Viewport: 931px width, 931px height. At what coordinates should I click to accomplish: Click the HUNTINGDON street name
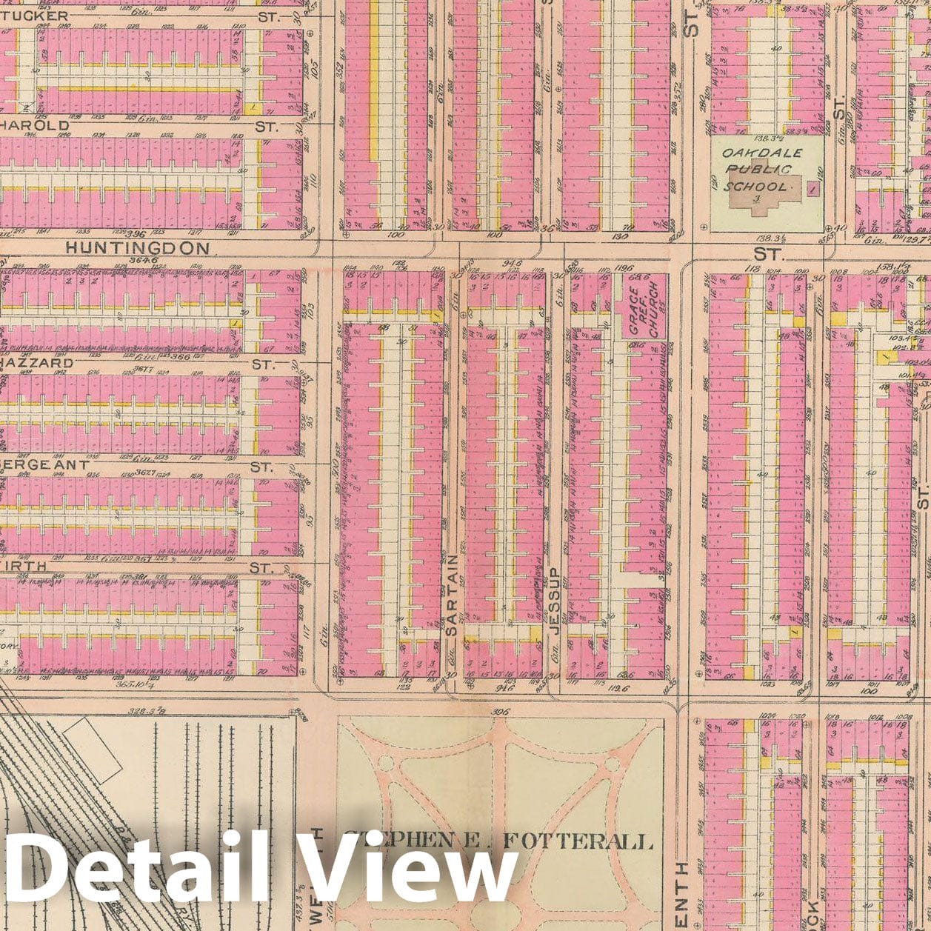click(137, 249)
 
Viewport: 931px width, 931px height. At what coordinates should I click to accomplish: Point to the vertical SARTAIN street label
click(453, 595)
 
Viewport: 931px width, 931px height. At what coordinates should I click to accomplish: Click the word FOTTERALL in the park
click(578, 841)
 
